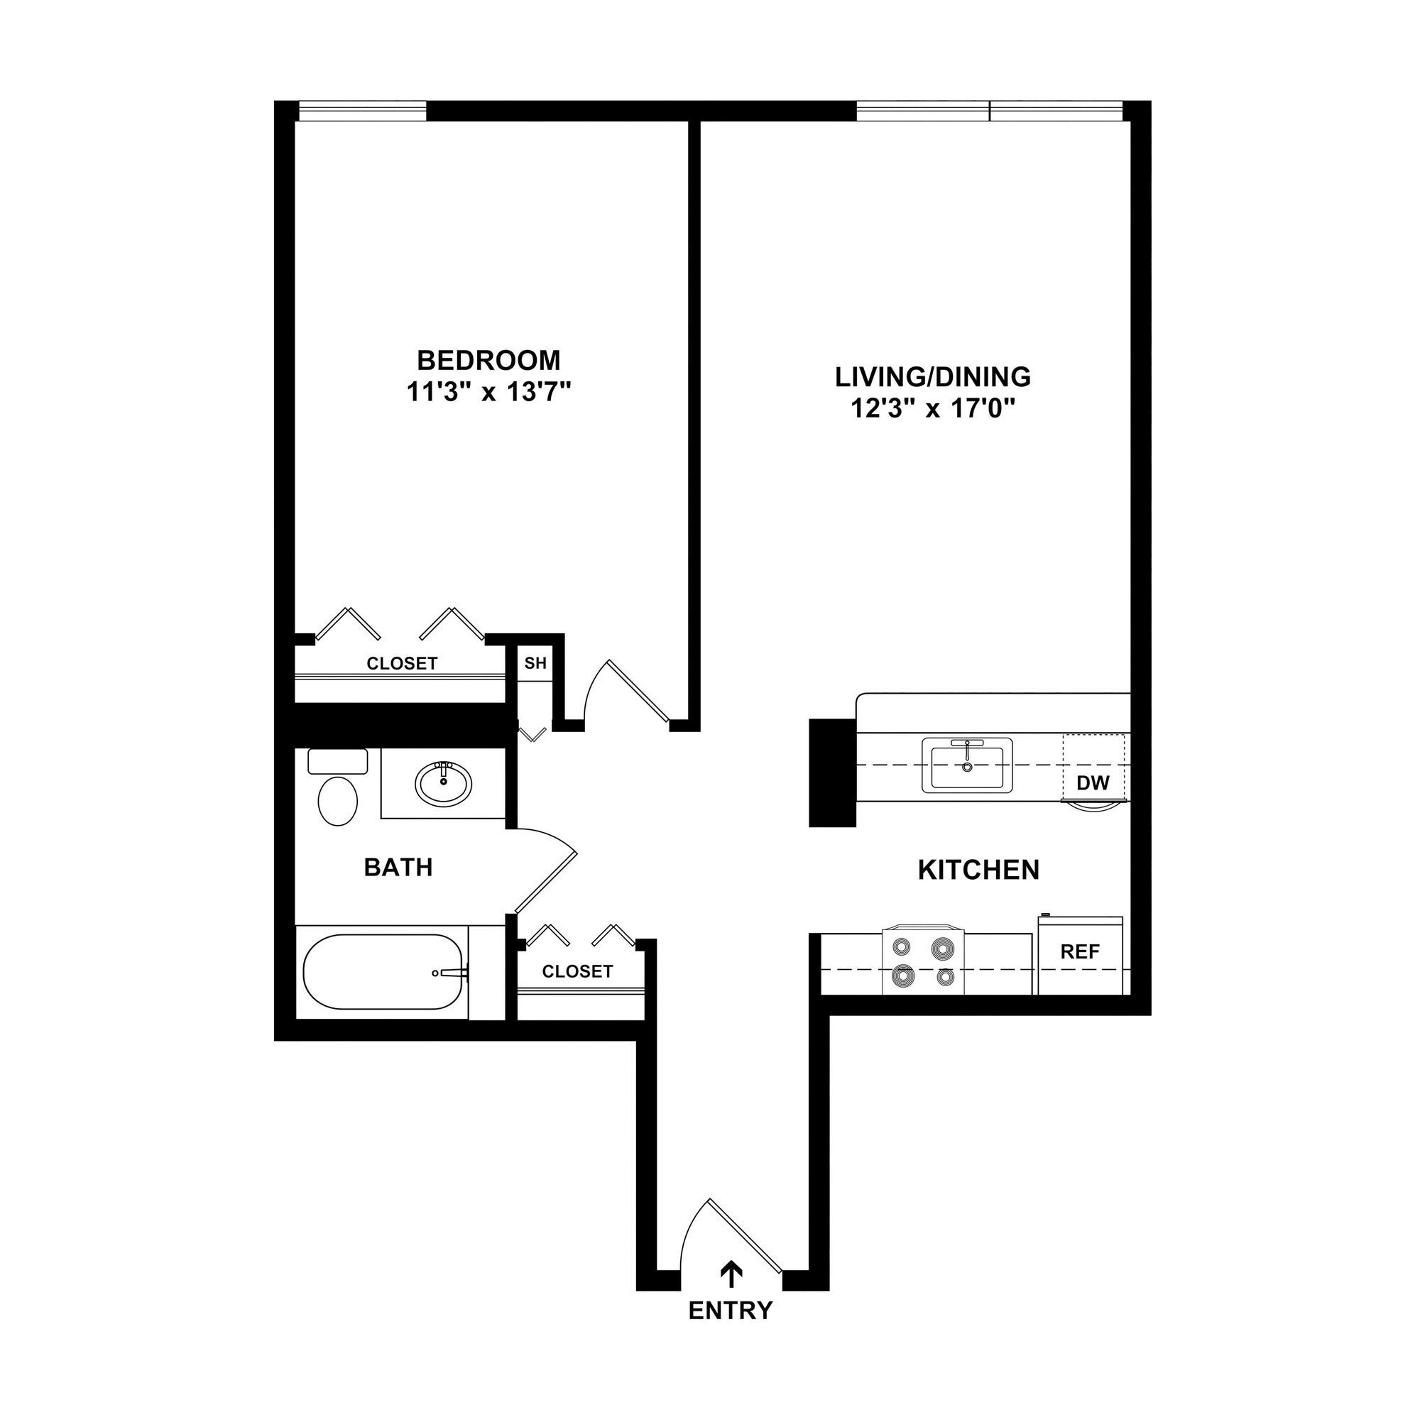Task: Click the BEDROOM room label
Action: [488, 360]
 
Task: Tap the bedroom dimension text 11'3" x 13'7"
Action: [488, 393]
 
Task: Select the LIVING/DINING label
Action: [933, 376]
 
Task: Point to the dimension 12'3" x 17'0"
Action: [933, 409]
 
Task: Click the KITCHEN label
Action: [978, 870]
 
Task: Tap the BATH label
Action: [398, 868]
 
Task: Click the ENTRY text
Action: [731, 1311]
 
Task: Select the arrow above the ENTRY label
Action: [731, 1275]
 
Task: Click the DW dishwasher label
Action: [1093, 782]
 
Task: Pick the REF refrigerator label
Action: [1080, 953]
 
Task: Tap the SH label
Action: [535, 663]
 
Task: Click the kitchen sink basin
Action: [967, 767]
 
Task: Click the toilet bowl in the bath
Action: [337, 800]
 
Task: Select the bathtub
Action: [382, 972]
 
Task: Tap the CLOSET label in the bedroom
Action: [402, 664]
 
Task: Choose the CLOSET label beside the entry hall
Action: [577, 972]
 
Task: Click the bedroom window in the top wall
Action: [362, 111]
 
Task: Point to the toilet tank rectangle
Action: [337, 760]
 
